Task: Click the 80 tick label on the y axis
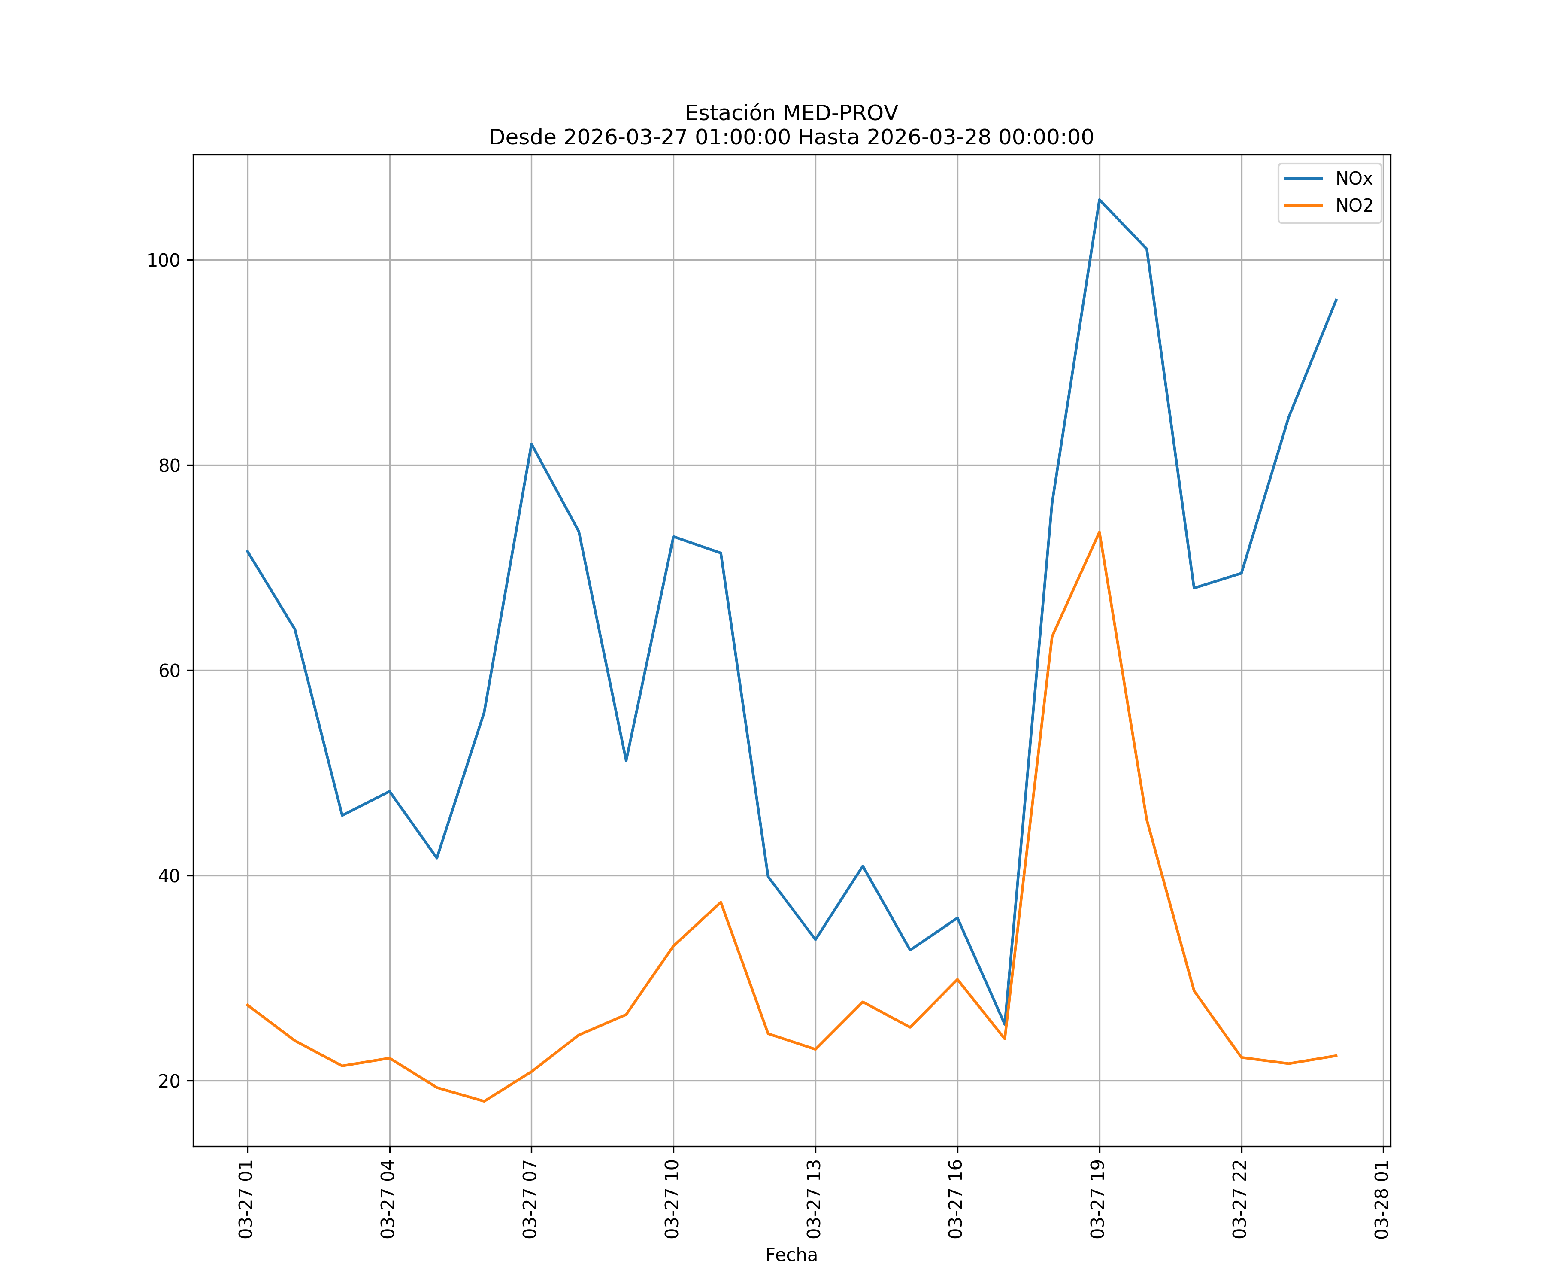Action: point(169,466)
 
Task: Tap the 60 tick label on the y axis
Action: point(169,671)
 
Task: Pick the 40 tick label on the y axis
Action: point(169,877)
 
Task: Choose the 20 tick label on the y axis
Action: point(169,1082)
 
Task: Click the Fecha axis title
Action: point(791,1255)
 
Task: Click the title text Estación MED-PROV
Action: point(791,113)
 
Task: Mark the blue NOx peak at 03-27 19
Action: point(1099,200)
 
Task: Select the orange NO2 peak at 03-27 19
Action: point(1099,532)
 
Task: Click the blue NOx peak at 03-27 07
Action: point(531,444)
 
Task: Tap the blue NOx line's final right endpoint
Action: point(1336,300)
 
